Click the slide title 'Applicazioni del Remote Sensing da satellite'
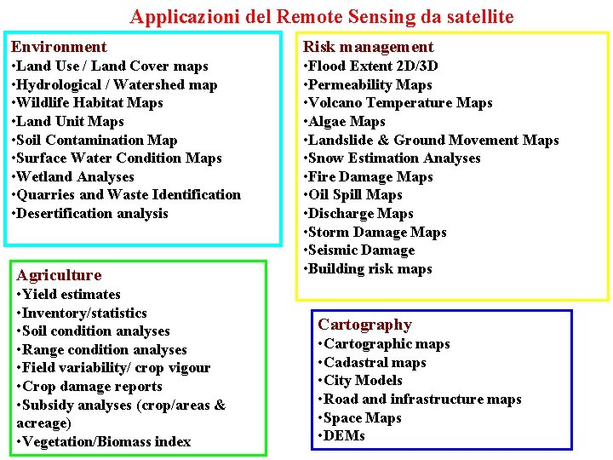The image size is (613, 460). pos(322,16)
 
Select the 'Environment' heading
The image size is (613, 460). pos(59,47)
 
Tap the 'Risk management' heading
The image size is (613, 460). pos(369,47)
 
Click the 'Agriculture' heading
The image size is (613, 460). pos(59,274)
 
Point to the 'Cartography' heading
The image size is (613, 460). pos(364,325)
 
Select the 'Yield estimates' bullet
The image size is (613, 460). pos(69,295)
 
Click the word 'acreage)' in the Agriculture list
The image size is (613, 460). pos(44,423)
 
